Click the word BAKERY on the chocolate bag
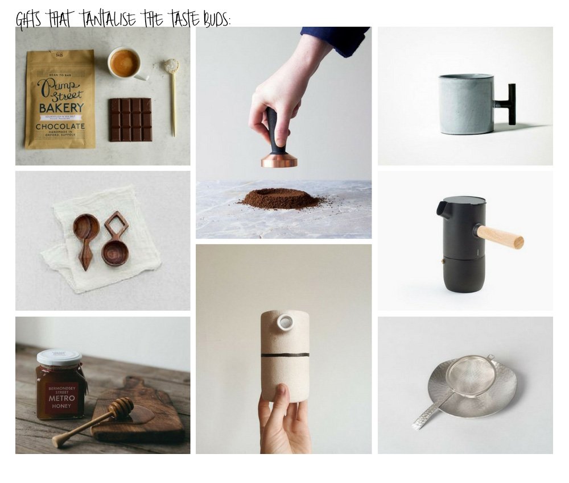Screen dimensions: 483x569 click(60, 107)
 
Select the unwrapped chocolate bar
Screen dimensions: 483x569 click(130, 119)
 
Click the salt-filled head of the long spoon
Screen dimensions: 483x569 click(171, 66)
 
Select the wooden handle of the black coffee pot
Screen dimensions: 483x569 click(500, 236)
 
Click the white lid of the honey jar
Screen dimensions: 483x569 click(59, 356)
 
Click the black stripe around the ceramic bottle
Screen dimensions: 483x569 click(285, 355)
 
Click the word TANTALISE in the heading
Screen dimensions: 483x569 click(109, 20)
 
